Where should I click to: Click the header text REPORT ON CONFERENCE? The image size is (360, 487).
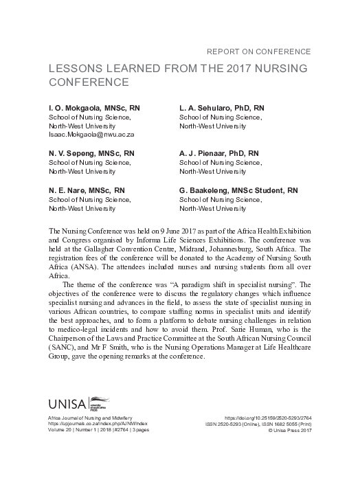tap(258, 52)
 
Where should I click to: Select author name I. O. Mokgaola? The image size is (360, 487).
tap(75, 109)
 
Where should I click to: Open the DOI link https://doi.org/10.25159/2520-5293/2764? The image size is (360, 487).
tap(268, 418)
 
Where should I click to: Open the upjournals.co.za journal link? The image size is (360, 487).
tap(98, 424)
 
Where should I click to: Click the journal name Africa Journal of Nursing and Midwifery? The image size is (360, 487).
tap(97, 418)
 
